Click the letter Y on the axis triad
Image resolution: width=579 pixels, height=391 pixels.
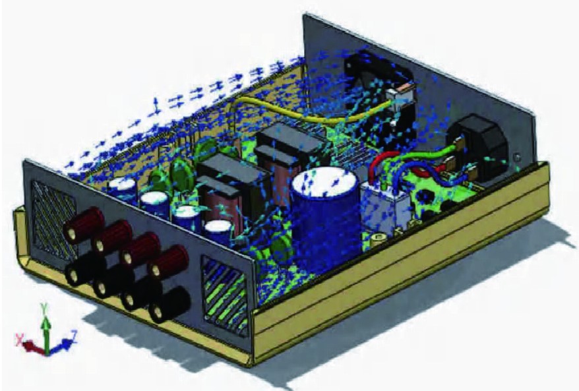44,307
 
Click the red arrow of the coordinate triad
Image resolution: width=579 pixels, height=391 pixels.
33,347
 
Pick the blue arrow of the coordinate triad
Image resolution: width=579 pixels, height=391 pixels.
59,346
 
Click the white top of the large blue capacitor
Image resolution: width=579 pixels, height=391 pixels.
324,181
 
